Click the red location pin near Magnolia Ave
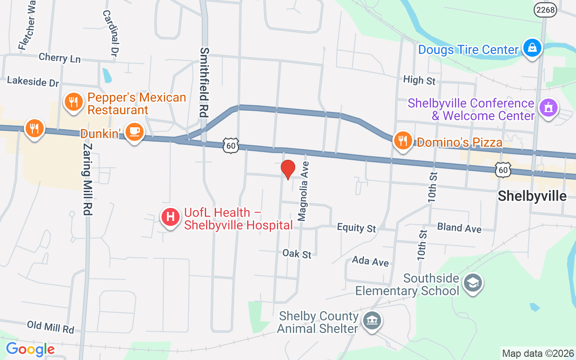pyautogui.click(x=288, y=170)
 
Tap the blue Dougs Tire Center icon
pyautogui.click(x=532, y=48)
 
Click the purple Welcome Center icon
pyautogui.click(x=548, y=108)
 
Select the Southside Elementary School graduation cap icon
pyautogui.click(x=472, y=283)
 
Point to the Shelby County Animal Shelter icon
pyautogui.click(x=372, y=321)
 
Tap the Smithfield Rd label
pyautogui.click(x=205, y=82)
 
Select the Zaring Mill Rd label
pyautogui.click(x=88, y=179)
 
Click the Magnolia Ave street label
pyautogui.click(x=303, y=191)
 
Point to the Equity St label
pyautogui.click(x=356, y=228)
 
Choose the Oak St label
pyautogui.click(x=297, y=254)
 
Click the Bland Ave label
pyautogui.click(x=459, y=228)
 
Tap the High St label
pyautogui.click(x=419, y=80)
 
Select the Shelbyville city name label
pyautogui.click(x=532, y=196)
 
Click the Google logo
pyautogui.click(x=30, y=349)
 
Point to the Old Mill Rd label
pyautogui.click(x=50, y=327)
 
